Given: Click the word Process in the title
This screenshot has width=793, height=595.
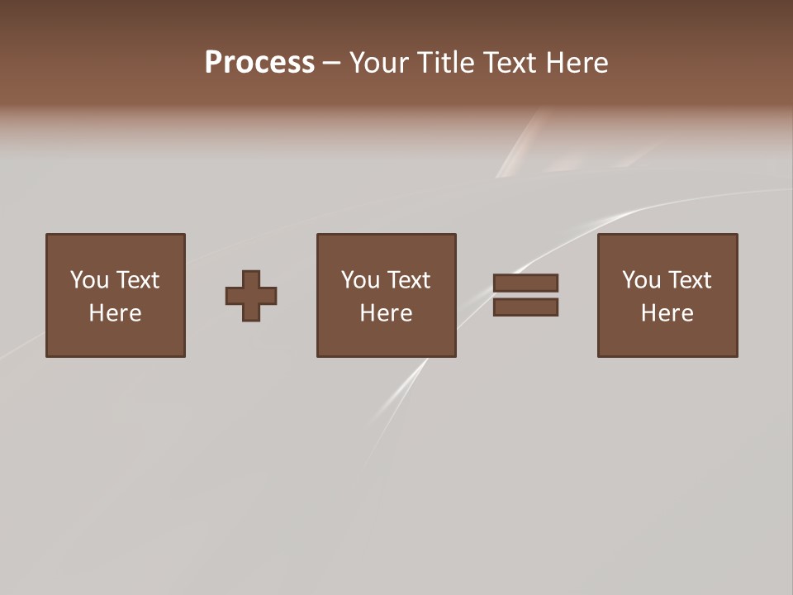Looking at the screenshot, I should [259, 63].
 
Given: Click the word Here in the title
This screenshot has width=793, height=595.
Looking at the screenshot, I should [577, 63].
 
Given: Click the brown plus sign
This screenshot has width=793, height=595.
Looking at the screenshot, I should [251, 296].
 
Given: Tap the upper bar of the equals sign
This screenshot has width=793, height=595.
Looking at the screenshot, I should [525, 283].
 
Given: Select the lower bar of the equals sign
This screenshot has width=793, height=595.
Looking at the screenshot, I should [525, 307].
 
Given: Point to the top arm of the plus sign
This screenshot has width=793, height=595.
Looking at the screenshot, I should [251, 279].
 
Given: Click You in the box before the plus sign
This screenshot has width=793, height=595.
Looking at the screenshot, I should [89, 280].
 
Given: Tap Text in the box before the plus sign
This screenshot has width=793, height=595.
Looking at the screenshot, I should [136, 280].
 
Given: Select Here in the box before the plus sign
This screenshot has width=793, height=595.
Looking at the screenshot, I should [115, 313].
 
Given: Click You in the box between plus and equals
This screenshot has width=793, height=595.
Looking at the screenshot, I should [360, 280].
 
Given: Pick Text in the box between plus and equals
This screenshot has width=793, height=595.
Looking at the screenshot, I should [407, 280].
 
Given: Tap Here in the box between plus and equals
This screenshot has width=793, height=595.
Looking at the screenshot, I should [386, 313].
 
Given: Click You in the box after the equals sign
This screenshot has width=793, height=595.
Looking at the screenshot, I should [641, 280].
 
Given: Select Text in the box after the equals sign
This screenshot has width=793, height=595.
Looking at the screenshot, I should [688, 280].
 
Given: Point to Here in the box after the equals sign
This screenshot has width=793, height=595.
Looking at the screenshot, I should [667, 313].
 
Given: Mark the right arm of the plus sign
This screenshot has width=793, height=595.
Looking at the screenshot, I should [268, 296].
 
